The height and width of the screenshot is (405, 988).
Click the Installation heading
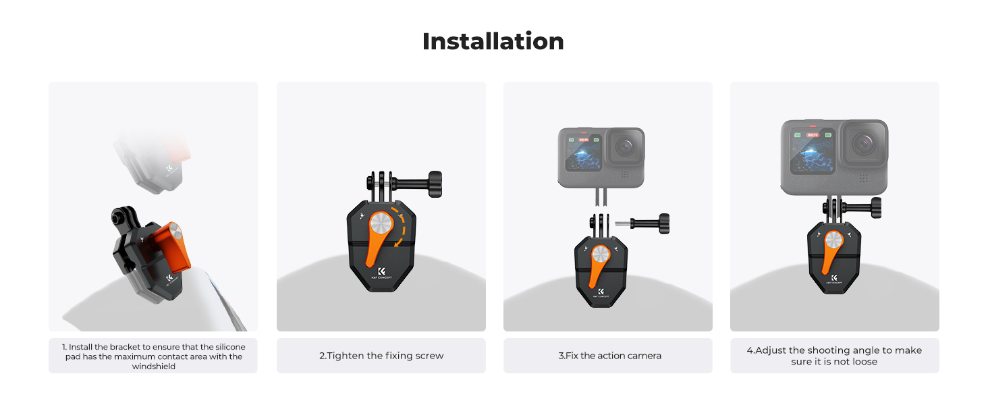(x=493, y=41)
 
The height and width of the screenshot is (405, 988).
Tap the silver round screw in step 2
(x=381, y=223)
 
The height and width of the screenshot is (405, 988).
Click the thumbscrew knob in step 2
(x=435, y=184)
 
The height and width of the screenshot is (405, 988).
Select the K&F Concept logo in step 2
(x=381, y=273)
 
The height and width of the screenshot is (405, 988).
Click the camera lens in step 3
(x=625, y=147)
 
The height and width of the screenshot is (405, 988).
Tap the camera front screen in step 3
(x=584, y=153)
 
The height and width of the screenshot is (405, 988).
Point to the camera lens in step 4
(x=863, y=144)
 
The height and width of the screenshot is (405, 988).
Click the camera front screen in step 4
(x=813, y=152)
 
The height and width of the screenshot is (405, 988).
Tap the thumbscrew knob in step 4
(x=877, y=208)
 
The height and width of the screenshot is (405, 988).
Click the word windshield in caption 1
(x=153, y=367)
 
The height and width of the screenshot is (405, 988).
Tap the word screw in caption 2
(x=430, y=356)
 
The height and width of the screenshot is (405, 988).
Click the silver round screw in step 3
(x=601, y=255)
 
